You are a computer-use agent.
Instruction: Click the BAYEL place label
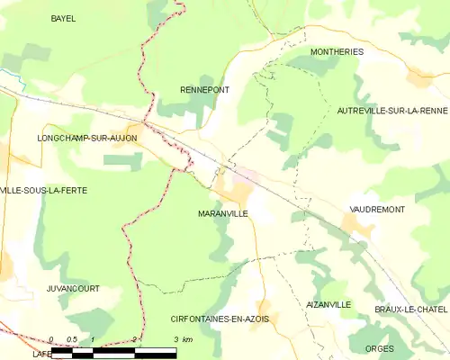pos(63,18)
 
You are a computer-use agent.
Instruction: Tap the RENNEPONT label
pos(204,90)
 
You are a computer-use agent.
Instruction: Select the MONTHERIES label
pos(337,52)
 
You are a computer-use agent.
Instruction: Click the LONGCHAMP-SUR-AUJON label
pos(86,139)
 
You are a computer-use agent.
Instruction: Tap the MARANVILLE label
pos(222,215)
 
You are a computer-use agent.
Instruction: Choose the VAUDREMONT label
pos(377,209)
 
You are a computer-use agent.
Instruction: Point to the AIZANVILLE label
pos(328,305)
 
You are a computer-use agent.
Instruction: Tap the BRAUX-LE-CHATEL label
pos(411,309)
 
